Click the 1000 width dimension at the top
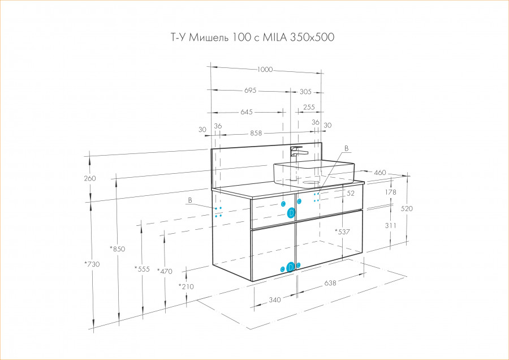265,70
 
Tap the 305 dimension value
305,92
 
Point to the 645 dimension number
246,112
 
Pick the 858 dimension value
256,134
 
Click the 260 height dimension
90,178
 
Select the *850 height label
118,249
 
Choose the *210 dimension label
186,286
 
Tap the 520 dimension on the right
407,208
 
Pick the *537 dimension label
343,232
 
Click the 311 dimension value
390,225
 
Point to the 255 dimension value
309,107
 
